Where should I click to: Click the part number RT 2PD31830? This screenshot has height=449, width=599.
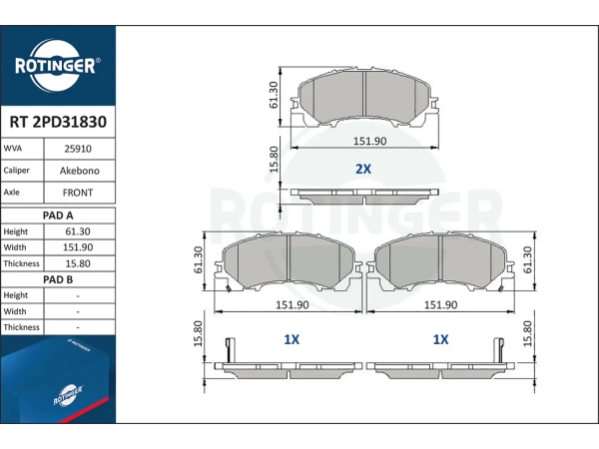[58, 122]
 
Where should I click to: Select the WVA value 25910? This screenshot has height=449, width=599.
[78, 149]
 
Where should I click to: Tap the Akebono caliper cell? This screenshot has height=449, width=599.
[80, 171]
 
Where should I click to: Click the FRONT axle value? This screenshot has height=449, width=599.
[78, 193]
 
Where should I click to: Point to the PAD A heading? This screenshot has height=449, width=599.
[58, 216]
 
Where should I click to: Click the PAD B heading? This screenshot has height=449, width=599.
[58, 279]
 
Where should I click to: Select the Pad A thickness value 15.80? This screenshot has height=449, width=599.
[78, 263]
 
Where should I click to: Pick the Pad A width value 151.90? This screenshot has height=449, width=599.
[78, 247]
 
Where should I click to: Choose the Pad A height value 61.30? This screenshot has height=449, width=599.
[78, 231]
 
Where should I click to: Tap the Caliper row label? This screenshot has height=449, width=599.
[16, 171]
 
